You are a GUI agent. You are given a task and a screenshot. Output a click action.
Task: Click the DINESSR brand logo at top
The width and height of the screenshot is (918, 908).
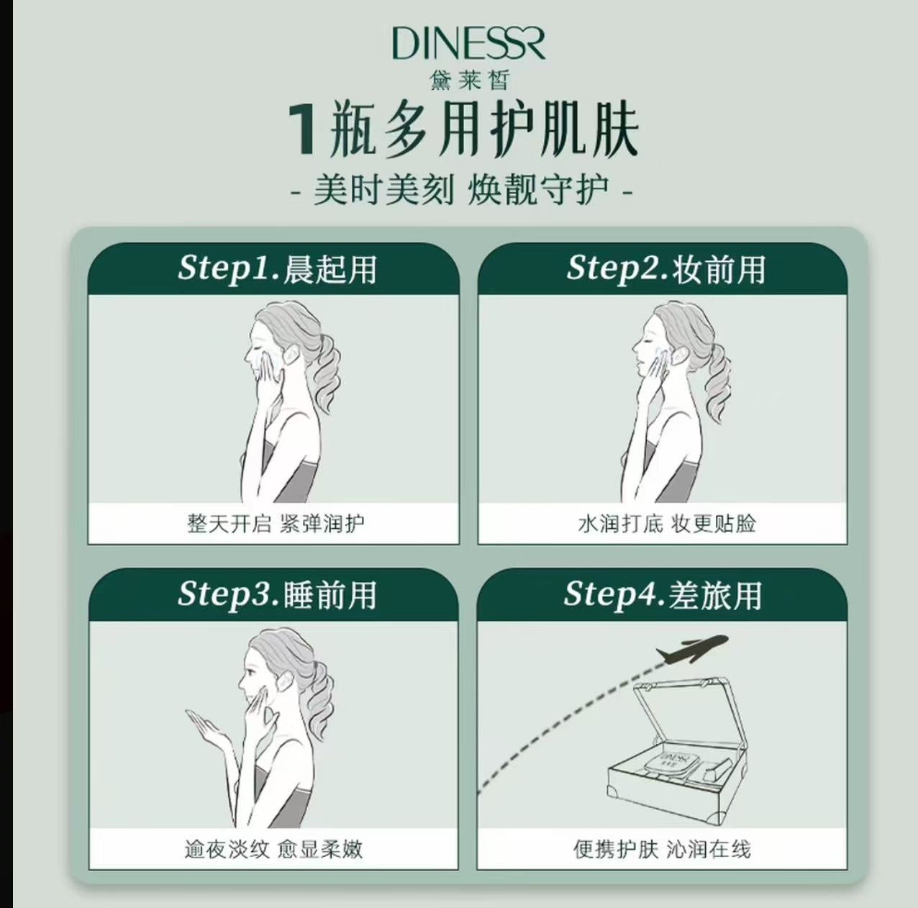(x=468, y=44)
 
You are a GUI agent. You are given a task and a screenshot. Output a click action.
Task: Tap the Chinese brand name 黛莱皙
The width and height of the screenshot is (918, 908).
(x=469, y=80)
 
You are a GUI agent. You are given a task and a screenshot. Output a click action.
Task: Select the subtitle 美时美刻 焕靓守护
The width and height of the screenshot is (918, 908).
(x=461, y=191)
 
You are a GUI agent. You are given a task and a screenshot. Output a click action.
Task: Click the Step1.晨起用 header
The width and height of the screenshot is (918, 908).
(x=277, y=268)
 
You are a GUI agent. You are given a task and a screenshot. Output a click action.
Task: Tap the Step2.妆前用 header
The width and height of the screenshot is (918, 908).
(x=665, y=268)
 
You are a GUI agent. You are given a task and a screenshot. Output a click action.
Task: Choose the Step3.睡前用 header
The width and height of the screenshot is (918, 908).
(x=277, y=594)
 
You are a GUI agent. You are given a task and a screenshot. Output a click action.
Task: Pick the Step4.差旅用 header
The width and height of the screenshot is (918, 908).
(x=663, y=594)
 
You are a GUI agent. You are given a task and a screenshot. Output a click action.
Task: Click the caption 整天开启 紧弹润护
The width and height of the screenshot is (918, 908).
(x=276, y=523)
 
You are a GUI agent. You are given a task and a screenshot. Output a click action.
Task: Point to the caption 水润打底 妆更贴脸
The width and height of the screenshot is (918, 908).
(x=666, y=523)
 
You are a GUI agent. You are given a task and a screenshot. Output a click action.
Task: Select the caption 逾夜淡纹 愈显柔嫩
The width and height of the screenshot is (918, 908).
(x=273, y=849)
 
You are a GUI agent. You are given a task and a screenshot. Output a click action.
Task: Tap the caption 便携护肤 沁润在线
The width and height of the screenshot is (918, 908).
(x=662, y=849)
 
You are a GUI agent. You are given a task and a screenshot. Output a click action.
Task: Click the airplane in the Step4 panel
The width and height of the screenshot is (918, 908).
(x=692, y=648)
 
